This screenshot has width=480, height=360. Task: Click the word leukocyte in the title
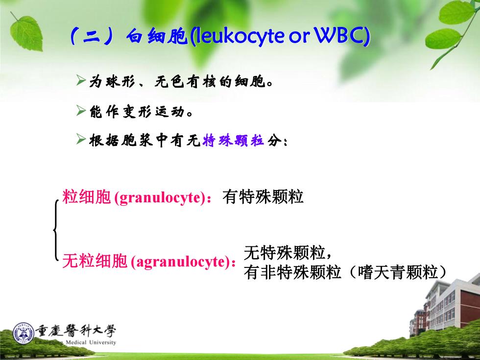(240, 36)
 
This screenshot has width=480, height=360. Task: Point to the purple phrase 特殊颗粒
(233, 141)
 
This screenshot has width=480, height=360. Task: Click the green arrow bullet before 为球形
(81, 80)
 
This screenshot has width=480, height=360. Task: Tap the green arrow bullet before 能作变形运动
(81, 111)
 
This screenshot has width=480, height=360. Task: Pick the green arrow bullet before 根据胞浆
(81, 140)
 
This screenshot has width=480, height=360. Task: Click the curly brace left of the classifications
(56, 230)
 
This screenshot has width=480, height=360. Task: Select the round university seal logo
(24, 333)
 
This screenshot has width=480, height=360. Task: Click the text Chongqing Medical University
(75, 342)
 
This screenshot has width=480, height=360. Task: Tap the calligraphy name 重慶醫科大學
(75, 331)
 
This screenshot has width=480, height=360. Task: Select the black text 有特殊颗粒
(263, 196)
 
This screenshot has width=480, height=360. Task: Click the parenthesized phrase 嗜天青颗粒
(398, 272)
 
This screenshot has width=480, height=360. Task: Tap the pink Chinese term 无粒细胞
(95, 262)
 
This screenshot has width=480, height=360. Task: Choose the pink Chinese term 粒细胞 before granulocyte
(86, 196)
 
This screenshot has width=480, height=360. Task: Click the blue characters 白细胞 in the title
(157, 36)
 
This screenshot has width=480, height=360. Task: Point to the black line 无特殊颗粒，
(288, 253)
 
